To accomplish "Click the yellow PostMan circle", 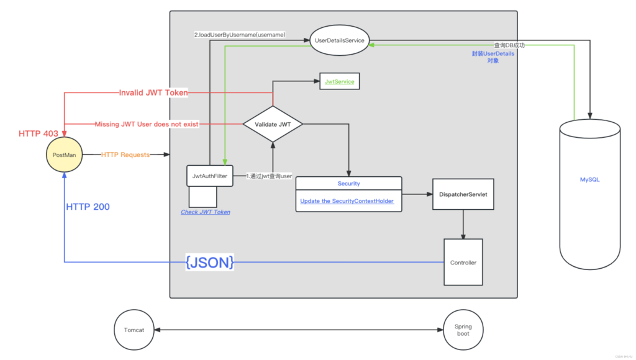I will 64,155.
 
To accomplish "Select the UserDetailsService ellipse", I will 339,40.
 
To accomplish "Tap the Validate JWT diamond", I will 272,125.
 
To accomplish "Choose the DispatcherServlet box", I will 463,194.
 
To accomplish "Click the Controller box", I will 463,263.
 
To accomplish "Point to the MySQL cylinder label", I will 589,179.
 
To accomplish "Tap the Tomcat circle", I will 134,330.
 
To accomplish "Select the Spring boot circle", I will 463,330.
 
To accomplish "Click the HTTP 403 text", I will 38,133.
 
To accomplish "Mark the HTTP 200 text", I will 88,207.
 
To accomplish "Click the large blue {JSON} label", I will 209,263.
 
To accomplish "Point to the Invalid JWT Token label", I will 153,92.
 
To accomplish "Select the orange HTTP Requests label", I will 125,155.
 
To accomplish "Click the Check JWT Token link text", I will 205,212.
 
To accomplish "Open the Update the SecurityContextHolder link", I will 347,201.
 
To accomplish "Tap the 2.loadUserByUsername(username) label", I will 239,35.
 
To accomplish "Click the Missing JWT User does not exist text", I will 147,124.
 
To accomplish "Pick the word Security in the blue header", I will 348,184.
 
